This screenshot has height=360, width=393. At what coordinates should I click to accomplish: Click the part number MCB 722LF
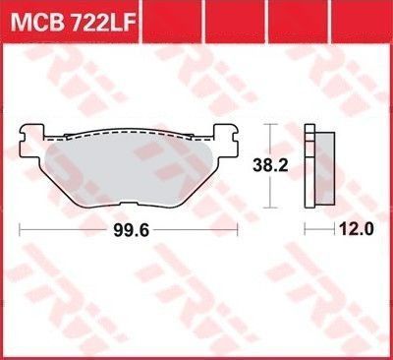click(x=73, y=23)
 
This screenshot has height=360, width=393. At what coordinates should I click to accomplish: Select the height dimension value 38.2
click(x=270, y=165)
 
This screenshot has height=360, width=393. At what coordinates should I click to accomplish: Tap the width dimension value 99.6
click(x=131, y=230)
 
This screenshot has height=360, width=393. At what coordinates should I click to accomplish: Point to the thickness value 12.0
click(x=357, y=229)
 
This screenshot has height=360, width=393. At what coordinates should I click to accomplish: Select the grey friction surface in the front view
click(x=129, y=170)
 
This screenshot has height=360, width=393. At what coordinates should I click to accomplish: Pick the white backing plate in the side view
click(x=309, y=166)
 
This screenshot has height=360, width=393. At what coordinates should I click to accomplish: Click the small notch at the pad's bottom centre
click(x=129, y=204)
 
